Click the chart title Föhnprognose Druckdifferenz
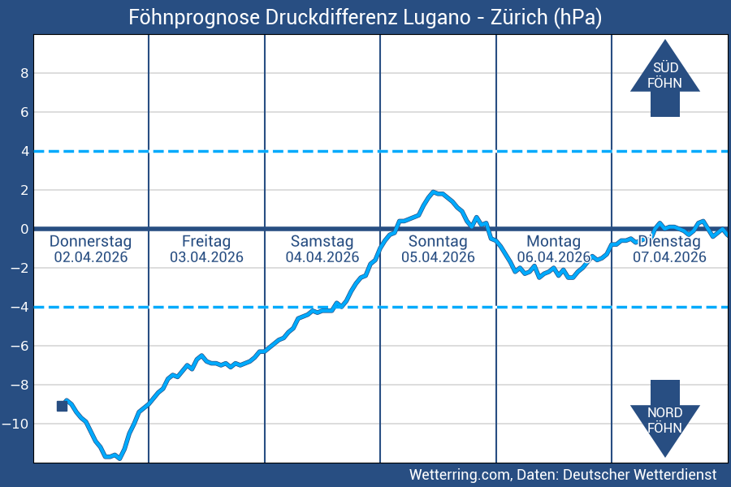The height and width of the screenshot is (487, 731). click(x=365, y=17)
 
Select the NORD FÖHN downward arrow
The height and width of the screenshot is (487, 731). click(x=664, y=418)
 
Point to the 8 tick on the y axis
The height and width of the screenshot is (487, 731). click(x=24, y=73)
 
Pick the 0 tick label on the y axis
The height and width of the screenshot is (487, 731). click(x=24, y=229)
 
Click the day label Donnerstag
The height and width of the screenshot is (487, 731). click(x=90, y=241)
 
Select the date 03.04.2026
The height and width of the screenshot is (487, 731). click(x=206, y=257)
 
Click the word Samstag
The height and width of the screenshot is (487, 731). click(x=322, y=241)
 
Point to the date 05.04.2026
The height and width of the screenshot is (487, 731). click(x=438, y=257)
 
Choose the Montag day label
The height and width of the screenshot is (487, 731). click(x=553, y=241)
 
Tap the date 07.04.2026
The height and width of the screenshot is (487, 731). click(x=669, y=257)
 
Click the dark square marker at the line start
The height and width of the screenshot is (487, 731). click(x=62, y=406)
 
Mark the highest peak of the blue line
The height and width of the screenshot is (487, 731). click(x=434, y=192)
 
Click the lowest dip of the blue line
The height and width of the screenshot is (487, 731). click(x=119, y=459)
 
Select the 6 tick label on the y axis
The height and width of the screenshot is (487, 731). click(x=24, y=112)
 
